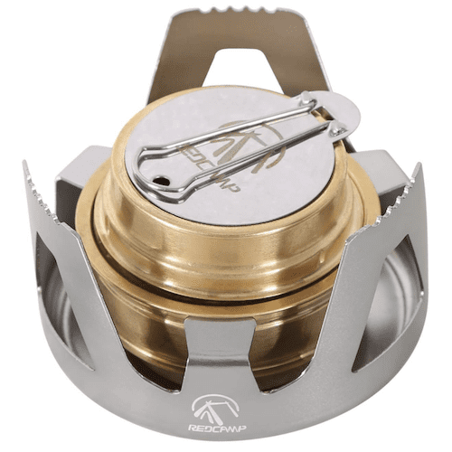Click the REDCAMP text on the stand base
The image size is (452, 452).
(x=217, y=428)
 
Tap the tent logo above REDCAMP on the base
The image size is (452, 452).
(x=215, y=408)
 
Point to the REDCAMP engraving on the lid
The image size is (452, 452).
(x=209, y=169)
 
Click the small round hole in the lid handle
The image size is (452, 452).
(x=160, y=181)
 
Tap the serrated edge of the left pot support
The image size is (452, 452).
(x=41, y=193)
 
